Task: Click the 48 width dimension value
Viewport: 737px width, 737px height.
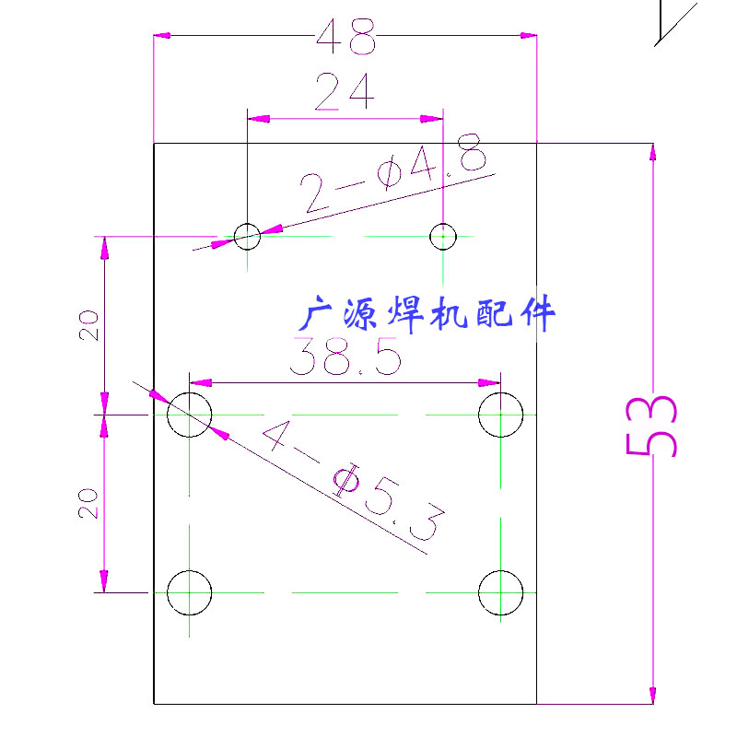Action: tap(346, 39)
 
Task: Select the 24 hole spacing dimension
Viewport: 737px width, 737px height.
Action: tap(345, 92)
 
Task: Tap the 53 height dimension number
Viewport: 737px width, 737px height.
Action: tap(652, 426)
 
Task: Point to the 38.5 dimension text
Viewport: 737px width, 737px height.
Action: tap(345, 357)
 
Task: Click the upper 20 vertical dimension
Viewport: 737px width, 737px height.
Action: tap(88, 325)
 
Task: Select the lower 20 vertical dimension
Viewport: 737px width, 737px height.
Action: tap(88, 503)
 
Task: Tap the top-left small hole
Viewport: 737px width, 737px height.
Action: tap(247, 237)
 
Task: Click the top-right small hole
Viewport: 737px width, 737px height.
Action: tap(443, 237)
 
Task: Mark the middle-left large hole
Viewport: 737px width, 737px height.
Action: tap(190, 415)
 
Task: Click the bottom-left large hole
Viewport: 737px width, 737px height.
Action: tap(190, 591)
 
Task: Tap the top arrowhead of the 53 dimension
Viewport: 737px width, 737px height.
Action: tap(652, 153)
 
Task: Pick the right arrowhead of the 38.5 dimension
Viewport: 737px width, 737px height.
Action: tap(492, 382)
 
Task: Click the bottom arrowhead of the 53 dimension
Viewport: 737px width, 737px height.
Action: tap(652, 694)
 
